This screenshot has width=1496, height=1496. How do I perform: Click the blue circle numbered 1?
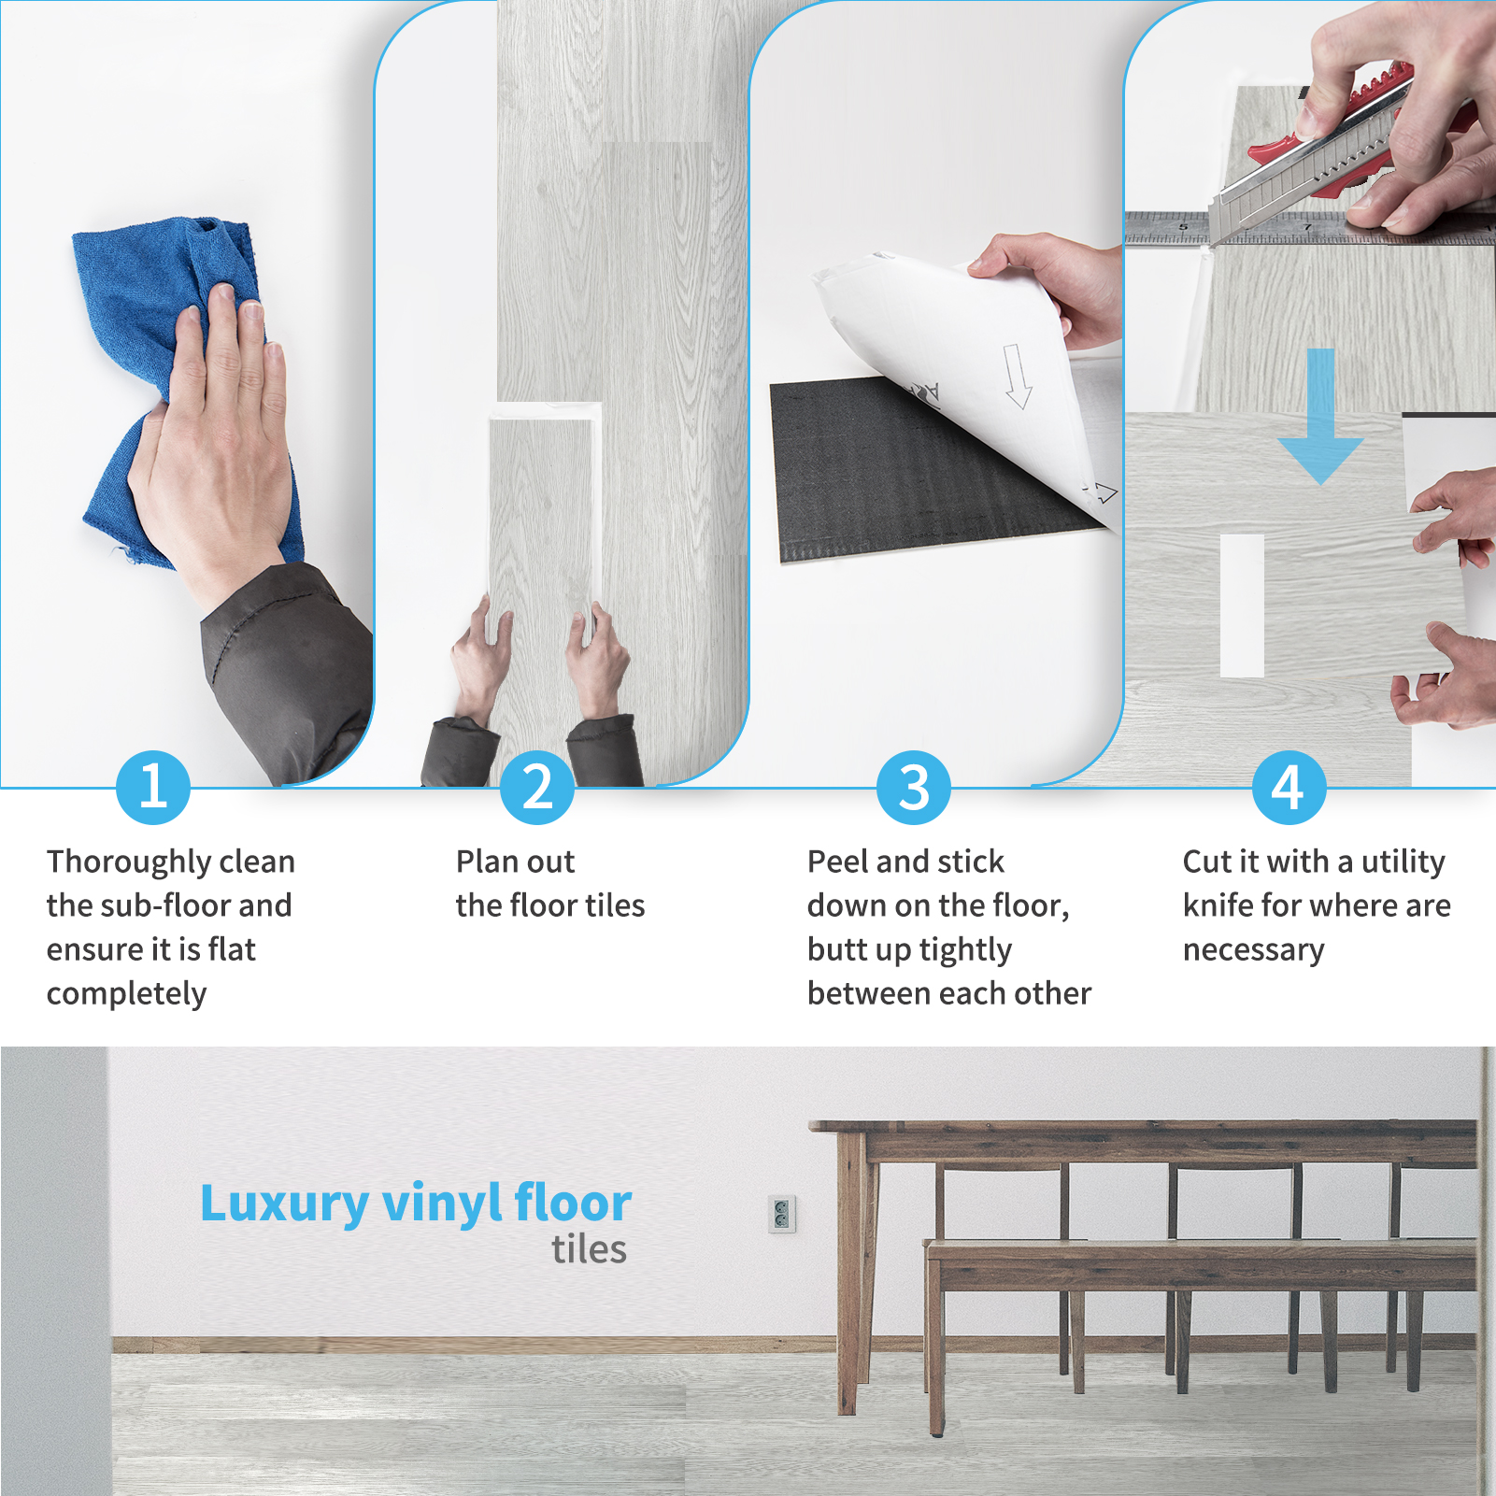point(153,788)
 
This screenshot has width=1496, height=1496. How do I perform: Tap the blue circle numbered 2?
point(537,788)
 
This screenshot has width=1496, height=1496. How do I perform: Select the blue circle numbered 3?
point(914,788)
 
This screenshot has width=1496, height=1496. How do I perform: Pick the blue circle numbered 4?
point(1289,788)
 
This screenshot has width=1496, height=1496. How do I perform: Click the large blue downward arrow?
point(1320,417)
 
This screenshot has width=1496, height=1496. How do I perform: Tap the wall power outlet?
point(782,1214)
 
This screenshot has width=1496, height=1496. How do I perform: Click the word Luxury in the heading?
point(284,1204)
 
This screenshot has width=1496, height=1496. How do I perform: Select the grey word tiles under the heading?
point(589,1250)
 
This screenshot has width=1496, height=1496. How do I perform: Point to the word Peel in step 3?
point(838,862)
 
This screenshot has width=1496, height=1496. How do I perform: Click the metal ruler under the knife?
point(1309,229)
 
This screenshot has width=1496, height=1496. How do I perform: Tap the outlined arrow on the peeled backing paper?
point(1017,376)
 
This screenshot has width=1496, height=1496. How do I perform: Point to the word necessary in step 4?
point(1253,951)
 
